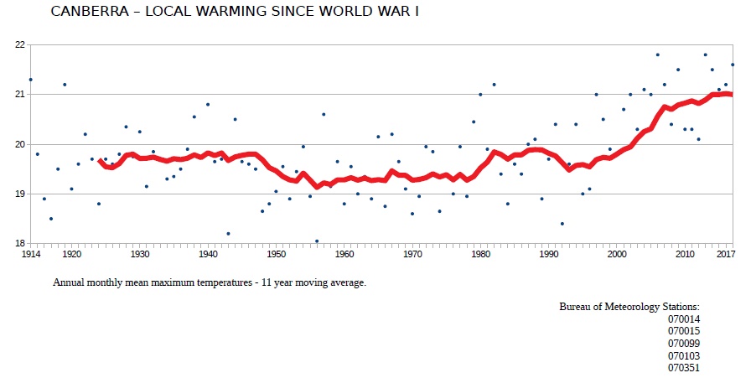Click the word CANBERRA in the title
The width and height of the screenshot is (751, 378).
tap(84, 12)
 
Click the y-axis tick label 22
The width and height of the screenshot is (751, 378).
tap(20, 44)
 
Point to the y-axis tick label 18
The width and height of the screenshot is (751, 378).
tap(20, 244)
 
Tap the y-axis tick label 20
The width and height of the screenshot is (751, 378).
tap(20, 144)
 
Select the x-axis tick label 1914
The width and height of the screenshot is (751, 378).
tap(31, 254)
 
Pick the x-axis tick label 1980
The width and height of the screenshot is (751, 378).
tap(480, 254)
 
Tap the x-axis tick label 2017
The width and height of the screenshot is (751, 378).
tap(726, 254)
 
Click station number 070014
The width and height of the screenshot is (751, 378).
tap(683, 319)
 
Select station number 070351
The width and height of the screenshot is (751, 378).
tap(683, 367)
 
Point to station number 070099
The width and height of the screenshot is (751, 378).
tap(683, 344)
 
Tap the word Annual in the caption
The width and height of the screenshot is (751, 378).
tap(70, 282)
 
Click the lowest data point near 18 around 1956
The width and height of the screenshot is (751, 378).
tap(317, 241)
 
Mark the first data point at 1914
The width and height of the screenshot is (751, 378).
tap(31, 80)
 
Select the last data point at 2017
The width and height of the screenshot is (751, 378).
tap(733, 65)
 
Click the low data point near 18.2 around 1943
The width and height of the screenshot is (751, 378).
tap(228, 233)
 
